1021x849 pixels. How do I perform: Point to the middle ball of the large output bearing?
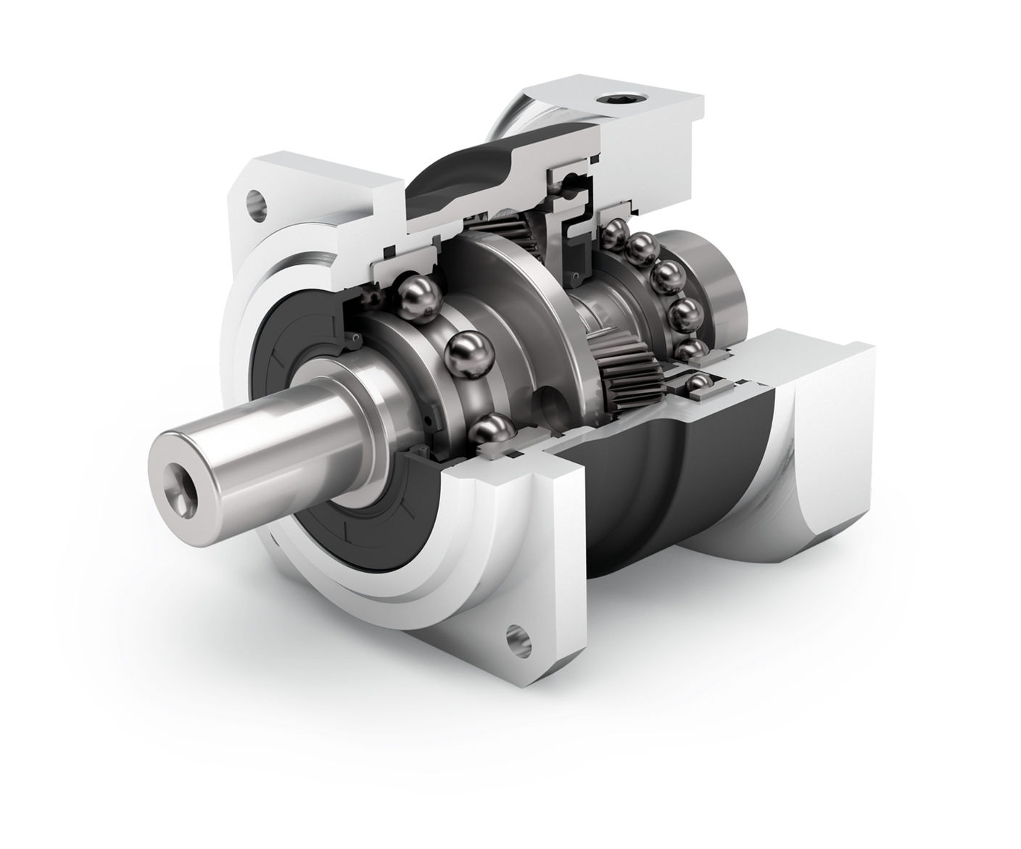coord(468,355)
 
